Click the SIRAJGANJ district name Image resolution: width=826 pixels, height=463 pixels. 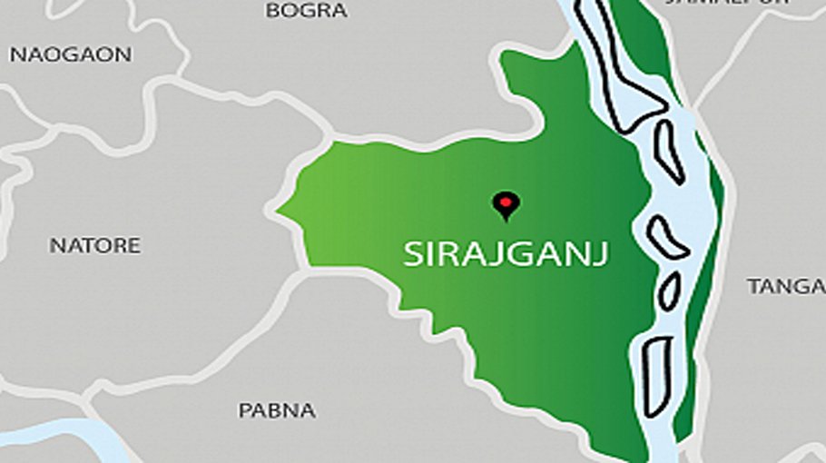coord(506,254)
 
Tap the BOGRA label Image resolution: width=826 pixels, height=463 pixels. coord(306,11)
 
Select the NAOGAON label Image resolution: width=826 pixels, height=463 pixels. coord(70,54)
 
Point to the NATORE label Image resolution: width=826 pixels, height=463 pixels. coord(94,245)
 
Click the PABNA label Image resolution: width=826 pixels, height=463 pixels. coord(277,410)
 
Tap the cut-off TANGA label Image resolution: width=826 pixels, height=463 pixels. coord(785,287)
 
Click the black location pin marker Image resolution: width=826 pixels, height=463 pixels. coord(506,205)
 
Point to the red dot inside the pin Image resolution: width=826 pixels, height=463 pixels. coord(506,201)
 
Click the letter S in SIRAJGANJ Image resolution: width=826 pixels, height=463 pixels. coord(413,255)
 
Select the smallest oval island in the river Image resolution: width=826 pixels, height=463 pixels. coord(670,291)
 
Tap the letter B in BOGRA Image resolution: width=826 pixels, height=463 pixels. coord(271,11)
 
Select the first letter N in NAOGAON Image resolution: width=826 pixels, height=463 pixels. coord(16,54)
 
